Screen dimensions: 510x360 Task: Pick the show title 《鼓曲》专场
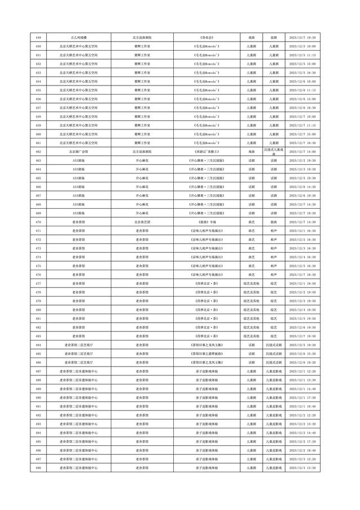[206, 222]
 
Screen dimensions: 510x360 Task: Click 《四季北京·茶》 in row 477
[206, 284]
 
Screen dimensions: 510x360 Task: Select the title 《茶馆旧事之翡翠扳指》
[206, 354]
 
